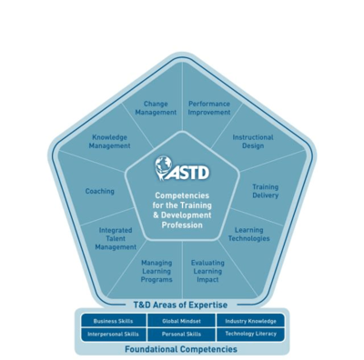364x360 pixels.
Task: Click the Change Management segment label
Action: click(156, 108)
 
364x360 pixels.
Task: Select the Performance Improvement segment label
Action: click(209, 108)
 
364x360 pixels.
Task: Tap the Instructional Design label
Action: click(252, 142)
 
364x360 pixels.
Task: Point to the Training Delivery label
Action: click(265, 191)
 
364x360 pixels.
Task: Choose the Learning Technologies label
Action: click(248, 235)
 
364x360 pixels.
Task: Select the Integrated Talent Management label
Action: click(116, 239)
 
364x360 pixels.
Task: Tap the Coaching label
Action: click(100, 191)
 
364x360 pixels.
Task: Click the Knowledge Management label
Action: click(110, 142)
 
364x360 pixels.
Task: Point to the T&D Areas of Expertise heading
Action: click(181, 305)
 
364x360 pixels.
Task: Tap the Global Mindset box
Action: click(181, 321)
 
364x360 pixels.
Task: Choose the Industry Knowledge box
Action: click(250, 321)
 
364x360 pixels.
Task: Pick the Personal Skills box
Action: click(181, 334)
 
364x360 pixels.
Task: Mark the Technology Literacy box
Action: click(250, 334)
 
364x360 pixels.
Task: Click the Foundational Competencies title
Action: click(181, 349)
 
